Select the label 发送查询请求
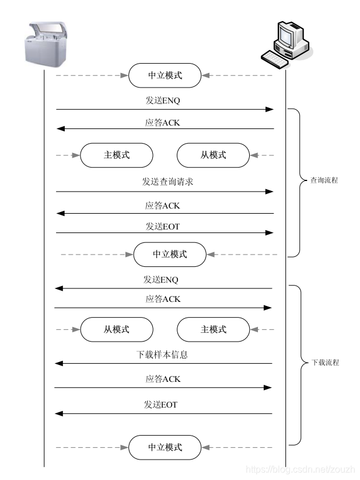point(167,182)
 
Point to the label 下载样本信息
point(162,354)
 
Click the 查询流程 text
point(324,180)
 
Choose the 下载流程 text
point(324,363)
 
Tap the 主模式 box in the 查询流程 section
point(116,155)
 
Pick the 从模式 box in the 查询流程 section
point(213,155)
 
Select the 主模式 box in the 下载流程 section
point(213,329)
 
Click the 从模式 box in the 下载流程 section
point(116,329)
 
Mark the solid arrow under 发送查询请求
point(165,192)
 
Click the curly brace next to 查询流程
point(296,182)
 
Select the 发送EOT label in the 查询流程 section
point(162,226)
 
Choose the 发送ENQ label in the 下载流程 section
point(160,279)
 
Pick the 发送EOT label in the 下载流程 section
point(160,404)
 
